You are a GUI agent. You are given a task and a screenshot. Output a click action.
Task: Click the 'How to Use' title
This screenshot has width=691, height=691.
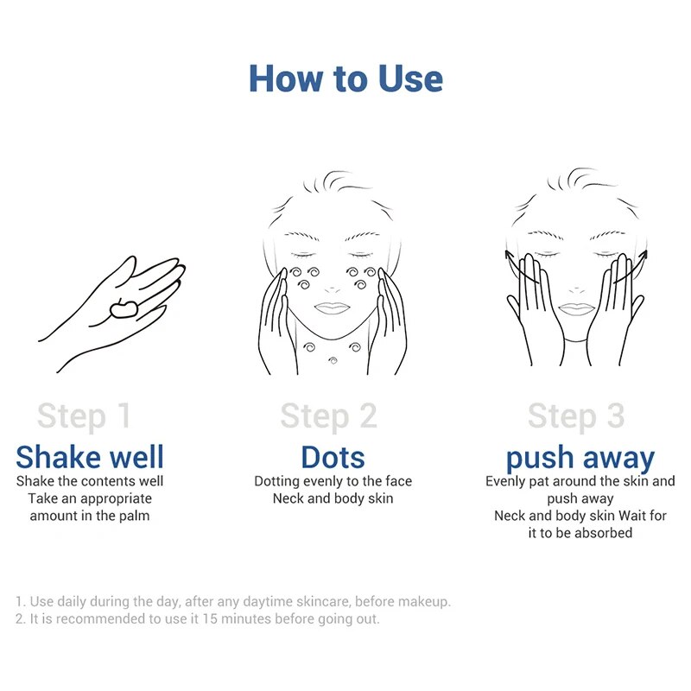click(346, 79)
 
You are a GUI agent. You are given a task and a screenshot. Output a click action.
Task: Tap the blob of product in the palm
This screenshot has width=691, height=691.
click(124, 308)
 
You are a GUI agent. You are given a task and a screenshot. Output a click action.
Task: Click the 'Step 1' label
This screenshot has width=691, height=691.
click(84, 416)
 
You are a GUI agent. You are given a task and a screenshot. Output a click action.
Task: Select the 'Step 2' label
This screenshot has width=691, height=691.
click(329, 416)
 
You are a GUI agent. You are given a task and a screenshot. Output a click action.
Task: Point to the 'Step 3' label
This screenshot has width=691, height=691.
click(576, 416)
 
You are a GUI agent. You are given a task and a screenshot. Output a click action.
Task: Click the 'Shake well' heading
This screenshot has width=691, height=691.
click(90, 457)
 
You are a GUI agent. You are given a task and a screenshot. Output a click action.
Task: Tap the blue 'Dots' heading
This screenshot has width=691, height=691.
click(333, 457)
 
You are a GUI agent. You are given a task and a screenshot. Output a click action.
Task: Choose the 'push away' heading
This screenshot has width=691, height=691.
click(580, 459)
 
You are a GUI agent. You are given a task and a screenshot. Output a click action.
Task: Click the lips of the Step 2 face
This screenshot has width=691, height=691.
click(333, 307)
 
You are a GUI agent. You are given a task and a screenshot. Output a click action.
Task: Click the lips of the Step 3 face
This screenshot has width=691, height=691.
click(577, 308)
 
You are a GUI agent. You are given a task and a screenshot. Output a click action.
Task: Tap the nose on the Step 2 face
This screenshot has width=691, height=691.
click(333, 289)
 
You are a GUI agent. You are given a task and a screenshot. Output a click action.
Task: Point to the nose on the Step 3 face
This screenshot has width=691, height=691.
click(576, 290)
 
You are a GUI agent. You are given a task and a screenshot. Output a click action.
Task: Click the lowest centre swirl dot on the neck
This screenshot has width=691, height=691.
click(333, 361)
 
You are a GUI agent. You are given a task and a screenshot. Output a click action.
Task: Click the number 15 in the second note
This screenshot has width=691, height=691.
click(210, 618)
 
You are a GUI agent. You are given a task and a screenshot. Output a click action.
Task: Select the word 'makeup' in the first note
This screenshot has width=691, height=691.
click(426, 601)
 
